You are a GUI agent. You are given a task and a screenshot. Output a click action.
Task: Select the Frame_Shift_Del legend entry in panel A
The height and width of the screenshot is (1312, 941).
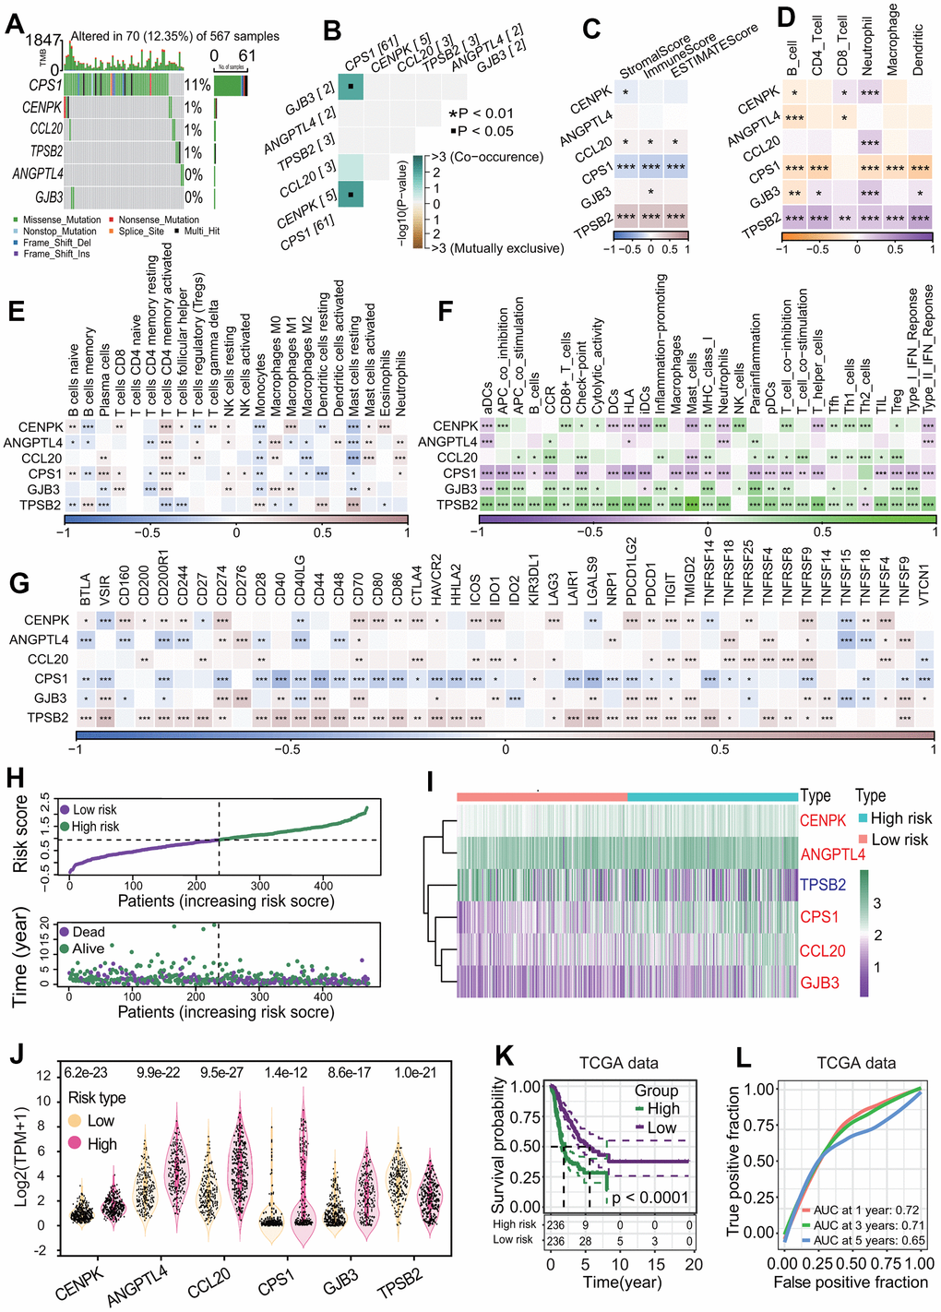pyautogui.click(x=57, y=243)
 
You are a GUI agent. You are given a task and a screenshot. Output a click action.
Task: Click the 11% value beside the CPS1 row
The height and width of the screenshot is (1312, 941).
pyautogui.click(x=197, y=85)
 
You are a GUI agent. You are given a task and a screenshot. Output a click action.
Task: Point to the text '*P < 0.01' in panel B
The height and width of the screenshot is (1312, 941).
pyautogui.click(x=481, y=113)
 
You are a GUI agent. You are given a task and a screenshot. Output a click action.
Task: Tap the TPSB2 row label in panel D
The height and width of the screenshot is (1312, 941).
pyautogui.click(x=762, y=221)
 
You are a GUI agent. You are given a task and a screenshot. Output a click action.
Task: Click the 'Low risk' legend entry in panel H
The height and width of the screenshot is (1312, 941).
pyautogui.click(x=95, y=809)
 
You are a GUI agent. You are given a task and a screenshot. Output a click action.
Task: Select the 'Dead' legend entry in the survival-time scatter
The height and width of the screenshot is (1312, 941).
pyautogui.click(x=89, y=932)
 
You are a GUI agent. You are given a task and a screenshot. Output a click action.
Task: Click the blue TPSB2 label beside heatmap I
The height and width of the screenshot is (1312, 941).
pyautogui.click(x=823, y=885)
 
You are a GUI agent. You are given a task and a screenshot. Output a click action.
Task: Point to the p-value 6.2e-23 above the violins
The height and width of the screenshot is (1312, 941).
pyautogui.click(x=86, y=1073)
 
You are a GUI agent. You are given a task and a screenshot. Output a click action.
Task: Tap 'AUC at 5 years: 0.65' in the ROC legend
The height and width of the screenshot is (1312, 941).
pyautogui.click(x=865, y=1240)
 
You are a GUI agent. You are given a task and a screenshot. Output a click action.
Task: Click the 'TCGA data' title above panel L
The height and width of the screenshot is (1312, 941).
pyautogui.click(x=856, y=1063)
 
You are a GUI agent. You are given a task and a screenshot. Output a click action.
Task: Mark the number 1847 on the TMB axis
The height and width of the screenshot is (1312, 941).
pyautogui.click(x=42, y=41)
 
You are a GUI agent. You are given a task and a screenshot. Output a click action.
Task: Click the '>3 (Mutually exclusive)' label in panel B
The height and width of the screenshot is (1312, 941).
pyautogui.click(x=497, y=248)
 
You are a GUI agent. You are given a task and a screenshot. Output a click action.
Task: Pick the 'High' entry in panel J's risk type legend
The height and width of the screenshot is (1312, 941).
pyautogui.click(x=101, y=1144)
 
